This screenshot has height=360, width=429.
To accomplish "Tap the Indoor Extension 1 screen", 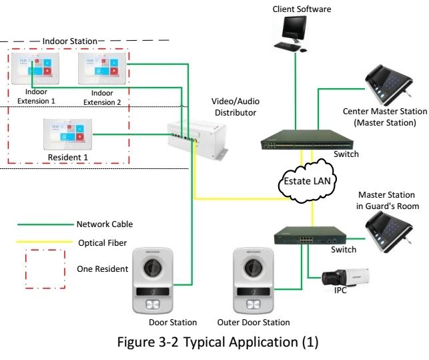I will (x=31, y=69).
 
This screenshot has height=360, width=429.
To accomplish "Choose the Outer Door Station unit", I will (x=253, y=281).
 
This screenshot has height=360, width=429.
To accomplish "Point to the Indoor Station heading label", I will (x=69, y=41).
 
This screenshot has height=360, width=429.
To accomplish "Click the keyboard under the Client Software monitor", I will (x=288, y=47).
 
